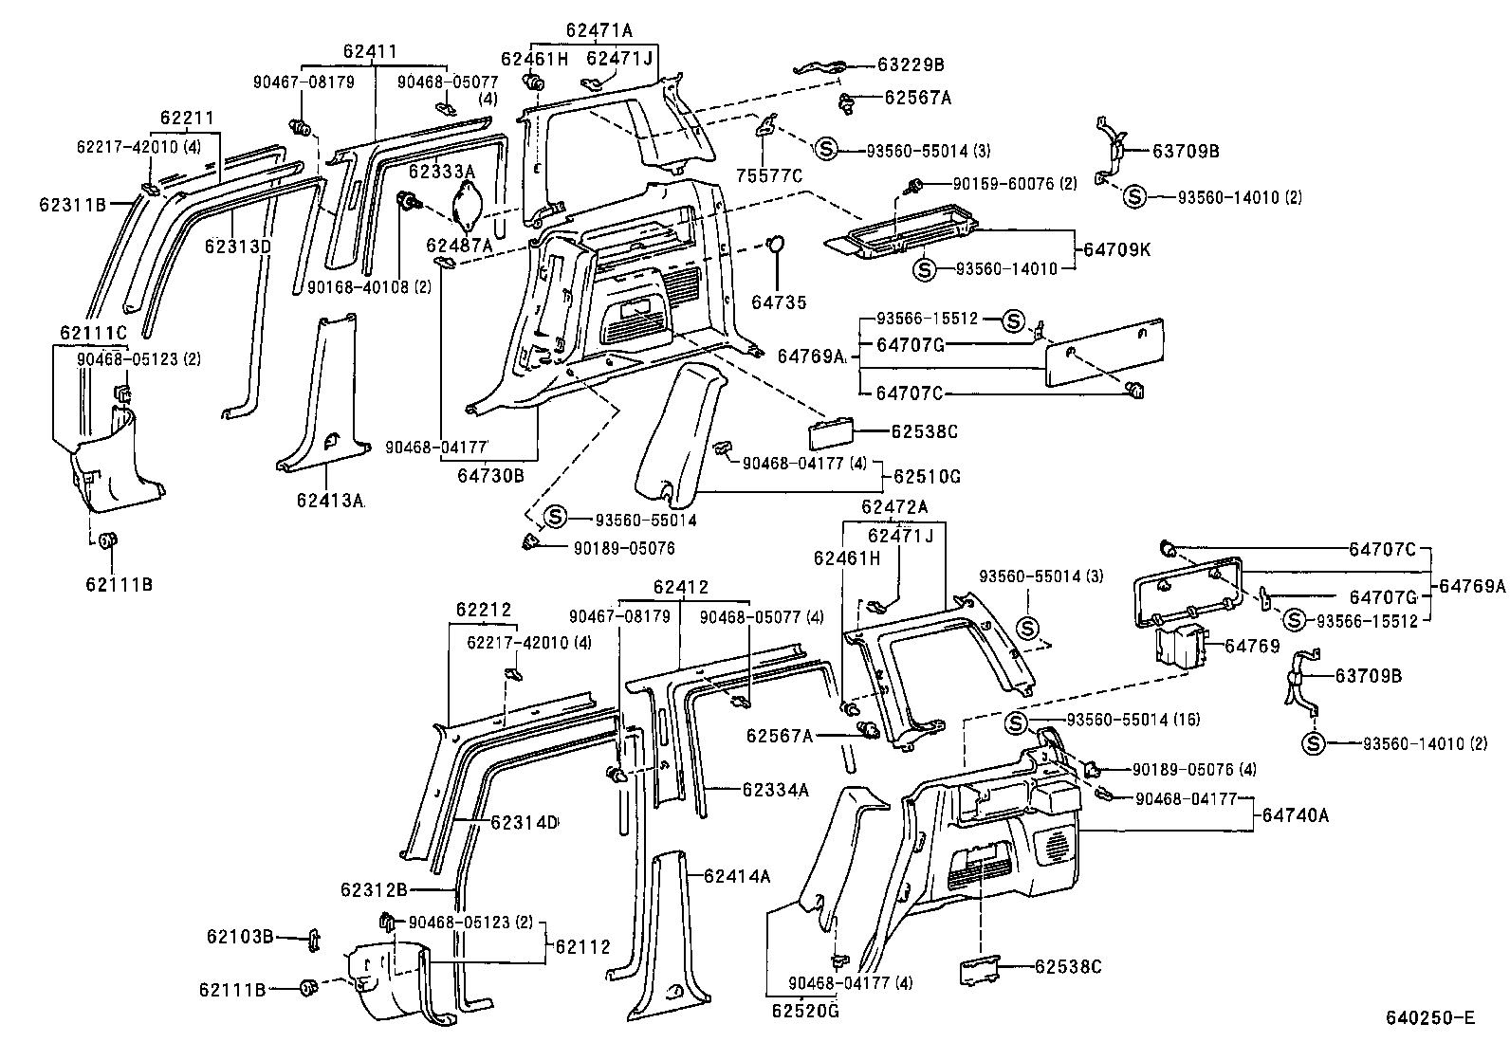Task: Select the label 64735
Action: [779, 302]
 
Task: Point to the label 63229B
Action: [911, 65]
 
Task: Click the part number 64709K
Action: [1117, 250]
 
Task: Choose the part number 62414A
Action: [736, 876]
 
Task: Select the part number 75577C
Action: [769, 174]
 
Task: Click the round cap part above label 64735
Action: [776, 244]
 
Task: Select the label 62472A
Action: [894, 506]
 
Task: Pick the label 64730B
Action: [490, 475]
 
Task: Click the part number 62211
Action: [187, 119]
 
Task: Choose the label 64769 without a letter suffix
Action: [1252, 646]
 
